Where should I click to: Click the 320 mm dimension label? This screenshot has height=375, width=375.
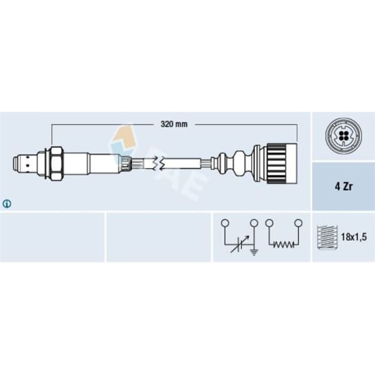click(x=173, y=124)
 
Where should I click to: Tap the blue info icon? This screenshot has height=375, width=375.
click(x=7, y=203)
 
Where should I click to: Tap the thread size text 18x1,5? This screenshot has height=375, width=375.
click(x=352, y=237)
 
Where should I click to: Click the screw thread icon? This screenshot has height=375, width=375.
click(x=326, y=237)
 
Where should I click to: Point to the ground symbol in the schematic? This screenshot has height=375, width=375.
click(x=254, y=252)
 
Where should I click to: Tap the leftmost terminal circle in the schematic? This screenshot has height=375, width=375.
click(x=224, y=222)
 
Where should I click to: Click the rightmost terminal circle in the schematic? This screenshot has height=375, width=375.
click(x=298, y=222)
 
